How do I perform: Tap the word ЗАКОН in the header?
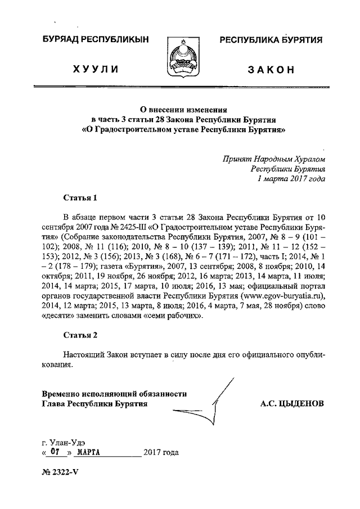pyautogui.click(x=271, y=69)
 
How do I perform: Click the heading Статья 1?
pyautogui.click(x=80, y=197)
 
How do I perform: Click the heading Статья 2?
pyautogui.click(x=80, y=335)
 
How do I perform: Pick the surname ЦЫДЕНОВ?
pyautogui.click(x=303, y=403)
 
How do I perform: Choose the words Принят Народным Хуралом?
pyautogui.click(x=273, y=158)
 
